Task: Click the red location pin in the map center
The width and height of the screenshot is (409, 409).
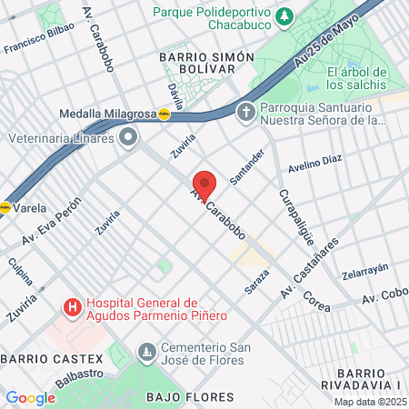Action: tap(204, 185)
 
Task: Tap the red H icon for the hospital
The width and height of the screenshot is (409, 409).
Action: tap(71, 308)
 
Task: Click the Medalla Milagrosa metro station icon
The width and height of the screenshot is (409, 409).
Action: tap(164, 115)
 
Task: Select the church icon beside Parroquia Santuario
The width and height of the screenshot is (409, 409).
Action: tap(244, 113)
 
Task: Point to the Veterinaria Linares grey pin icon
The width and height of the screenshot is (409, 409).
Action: tap(129, 137)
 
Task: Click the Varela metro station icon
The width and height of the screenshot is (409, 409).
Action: tap(5, 206)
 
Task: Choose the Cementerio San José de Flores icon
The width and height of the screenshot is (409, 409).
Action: tap(145, 351)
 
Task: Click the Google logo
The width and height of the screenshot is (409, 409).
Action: tap(30, 397)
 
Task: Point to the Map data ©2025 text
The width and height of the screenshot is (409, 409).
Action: tap(369, 402)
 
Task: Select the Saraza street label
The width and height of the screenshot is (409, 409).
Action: tap(256, 281)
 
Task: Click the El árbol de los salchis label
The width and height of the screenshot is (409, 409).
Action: tap(358, 79)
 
